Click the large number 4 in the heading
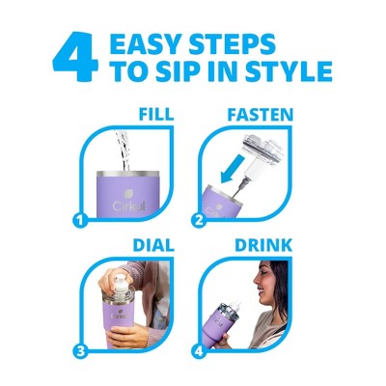75,57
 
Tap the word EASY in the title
147,43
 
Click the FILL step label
156,114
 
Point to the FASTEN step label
261,115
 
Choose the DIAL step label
153,245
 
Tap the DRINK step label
263,245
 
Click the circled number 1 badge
80,220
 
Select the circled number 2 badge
199,220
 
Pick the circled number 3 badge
80,351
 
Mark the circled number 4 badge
199,351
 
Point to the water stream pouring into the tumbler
123,150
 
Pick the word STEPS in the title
232,43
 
